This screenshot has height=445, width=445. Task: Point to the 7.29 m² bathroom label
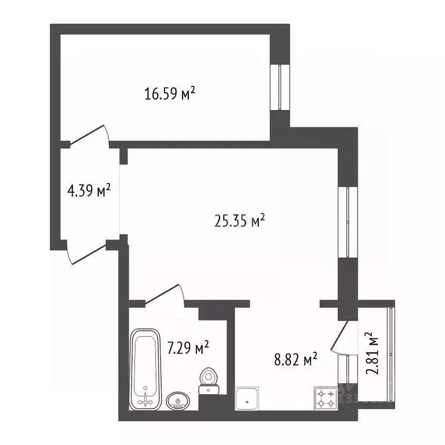pos(188,348)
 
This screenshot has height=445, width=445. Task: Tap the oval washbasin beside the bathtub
pos(178,400)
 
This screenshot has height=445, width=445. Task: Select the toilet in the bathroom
pos(208,377)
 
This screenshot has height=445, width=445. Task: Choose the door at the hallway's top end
pos(87,137)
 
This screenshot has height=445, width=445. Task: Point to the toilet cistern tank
pos(209,390)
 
